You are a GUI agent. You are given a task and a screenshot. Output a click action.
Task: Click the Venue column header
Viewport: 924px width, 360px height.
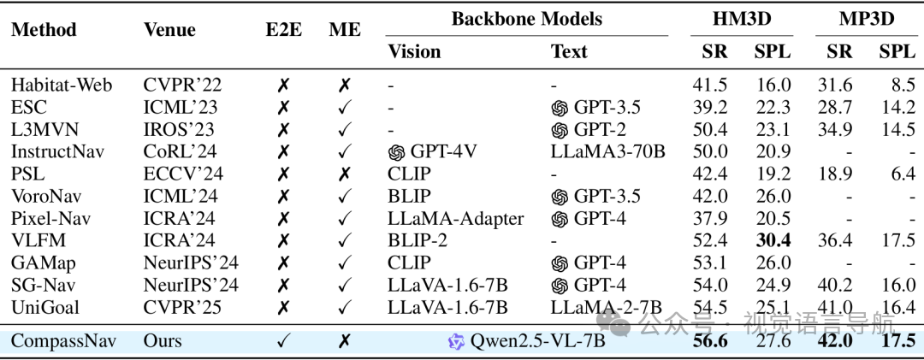(169, 29)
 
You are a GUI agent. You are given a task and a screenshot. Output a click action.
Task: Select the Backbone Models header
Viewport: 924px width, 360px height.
(527, 19)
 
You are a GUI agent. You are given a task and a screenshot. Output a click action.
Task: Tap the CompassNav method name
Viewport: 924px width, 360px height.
(63, 341)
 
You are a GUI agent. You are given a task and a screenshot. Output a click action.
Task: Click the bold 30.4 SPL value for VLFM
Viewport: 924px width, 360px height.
(773, 240)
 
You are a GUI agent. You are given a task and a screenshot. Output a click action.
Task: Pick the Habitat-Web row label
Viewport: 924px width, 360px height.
(62, 85)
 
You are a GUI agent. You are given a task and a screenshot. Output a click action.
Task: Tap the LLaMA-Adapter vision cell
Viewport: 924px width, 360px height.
(455, 219)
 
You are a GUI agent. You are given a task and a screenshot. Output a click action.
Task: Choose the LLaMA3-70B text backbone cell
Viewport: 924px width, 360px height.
(607, 152)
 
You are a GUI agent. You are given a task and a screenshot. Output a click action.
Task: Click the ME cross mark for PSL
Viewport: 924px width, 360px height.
(345, 174)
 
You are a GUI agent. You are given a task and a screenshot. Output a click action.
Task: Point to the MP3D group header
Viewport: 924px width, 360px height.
(867, 19)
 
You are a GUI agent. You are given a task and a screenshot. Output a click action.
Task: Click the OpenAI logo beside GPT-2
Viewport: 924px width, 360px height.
(560, 130)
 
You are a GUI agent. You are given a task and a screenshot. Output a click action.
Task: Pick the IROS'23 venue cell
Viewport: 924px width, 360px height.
(179, 130)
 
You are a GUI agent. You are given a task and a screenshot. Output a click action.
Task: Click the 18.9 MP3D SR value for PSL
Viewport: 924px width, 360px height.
(835, 174)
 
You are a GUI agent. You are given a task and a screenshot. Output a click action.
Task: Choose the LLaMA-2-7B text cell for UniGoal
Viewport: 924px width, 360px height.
(607, 308)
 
